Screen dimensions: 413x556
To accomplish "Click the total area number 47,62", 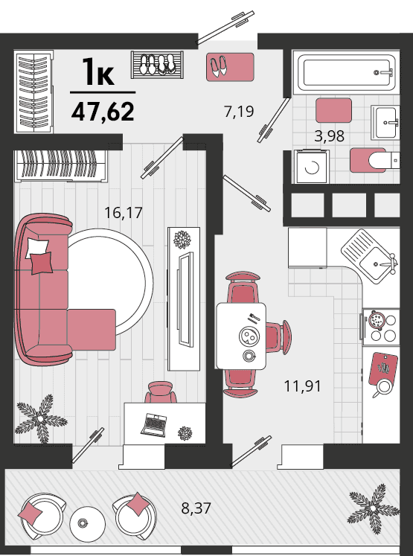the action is [x=103, y=112].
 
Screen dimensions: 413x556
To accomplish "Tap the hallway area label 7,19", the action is [x=239, y=112].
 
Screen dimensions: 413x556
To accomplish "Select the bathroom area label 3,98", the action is [x=330, y=135].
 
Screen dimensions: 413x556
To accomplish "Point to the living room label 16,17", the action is [x=124, y=213].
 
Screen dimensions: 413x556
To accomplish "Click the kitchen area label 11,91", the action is [x=303, y=386].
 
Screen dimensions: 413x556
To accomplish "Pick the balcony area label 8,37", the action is [x=196, y=508].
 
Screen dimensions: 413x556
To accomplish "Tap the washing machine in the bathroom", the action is [x=312, y=167].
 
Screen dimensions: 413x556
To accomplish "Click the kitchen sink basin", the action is [x=375, y=263].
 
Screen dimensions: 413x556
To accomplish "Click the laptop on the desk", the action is [x=154, y=425].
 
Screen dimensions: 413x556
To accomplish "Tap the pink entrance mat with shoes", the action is [x=230, y=67].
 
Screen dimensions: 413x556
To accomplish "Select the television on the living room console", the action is [x=185, y=299].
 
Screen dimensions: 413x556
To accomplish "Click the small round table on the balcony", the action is [x=87, y=524].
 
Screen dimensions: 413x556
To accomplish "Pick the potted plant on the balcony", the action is [x=374, y=508].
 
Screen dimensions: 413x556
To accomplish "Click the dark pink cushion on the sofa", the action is [x=42, y=263].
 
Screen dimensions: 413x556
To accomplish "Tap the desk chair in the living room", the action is [x=161, y=392].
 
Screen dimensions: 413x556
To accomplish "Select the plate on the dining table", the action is [x=249, y=336].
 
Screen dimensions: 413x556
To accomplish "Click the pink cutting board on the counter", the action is [x=383, y=368].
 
